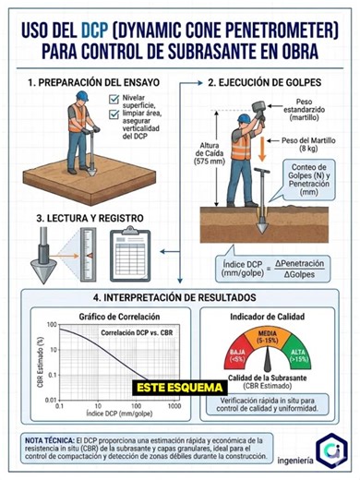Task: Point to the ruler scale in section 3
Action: click(x=84, y=252)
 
